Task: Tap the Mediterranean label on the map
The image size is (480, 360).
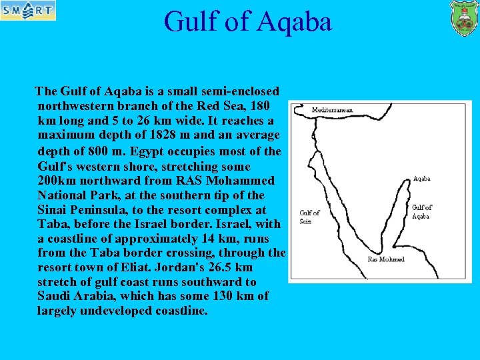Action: [x=332, y=110]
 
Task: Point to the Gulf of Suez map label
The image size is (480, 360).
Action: [x=309, y=217]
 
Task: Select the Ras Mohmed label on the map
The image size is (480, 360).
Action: [x=386, y=259]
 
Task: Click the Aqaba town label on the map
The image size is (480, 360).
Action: [x=421, y=179]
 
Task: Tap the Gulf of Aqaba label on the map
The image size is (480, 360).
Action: [x=422, y=211]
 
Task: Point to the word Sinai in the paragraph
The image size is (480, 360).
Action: [x=55, y=209]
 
